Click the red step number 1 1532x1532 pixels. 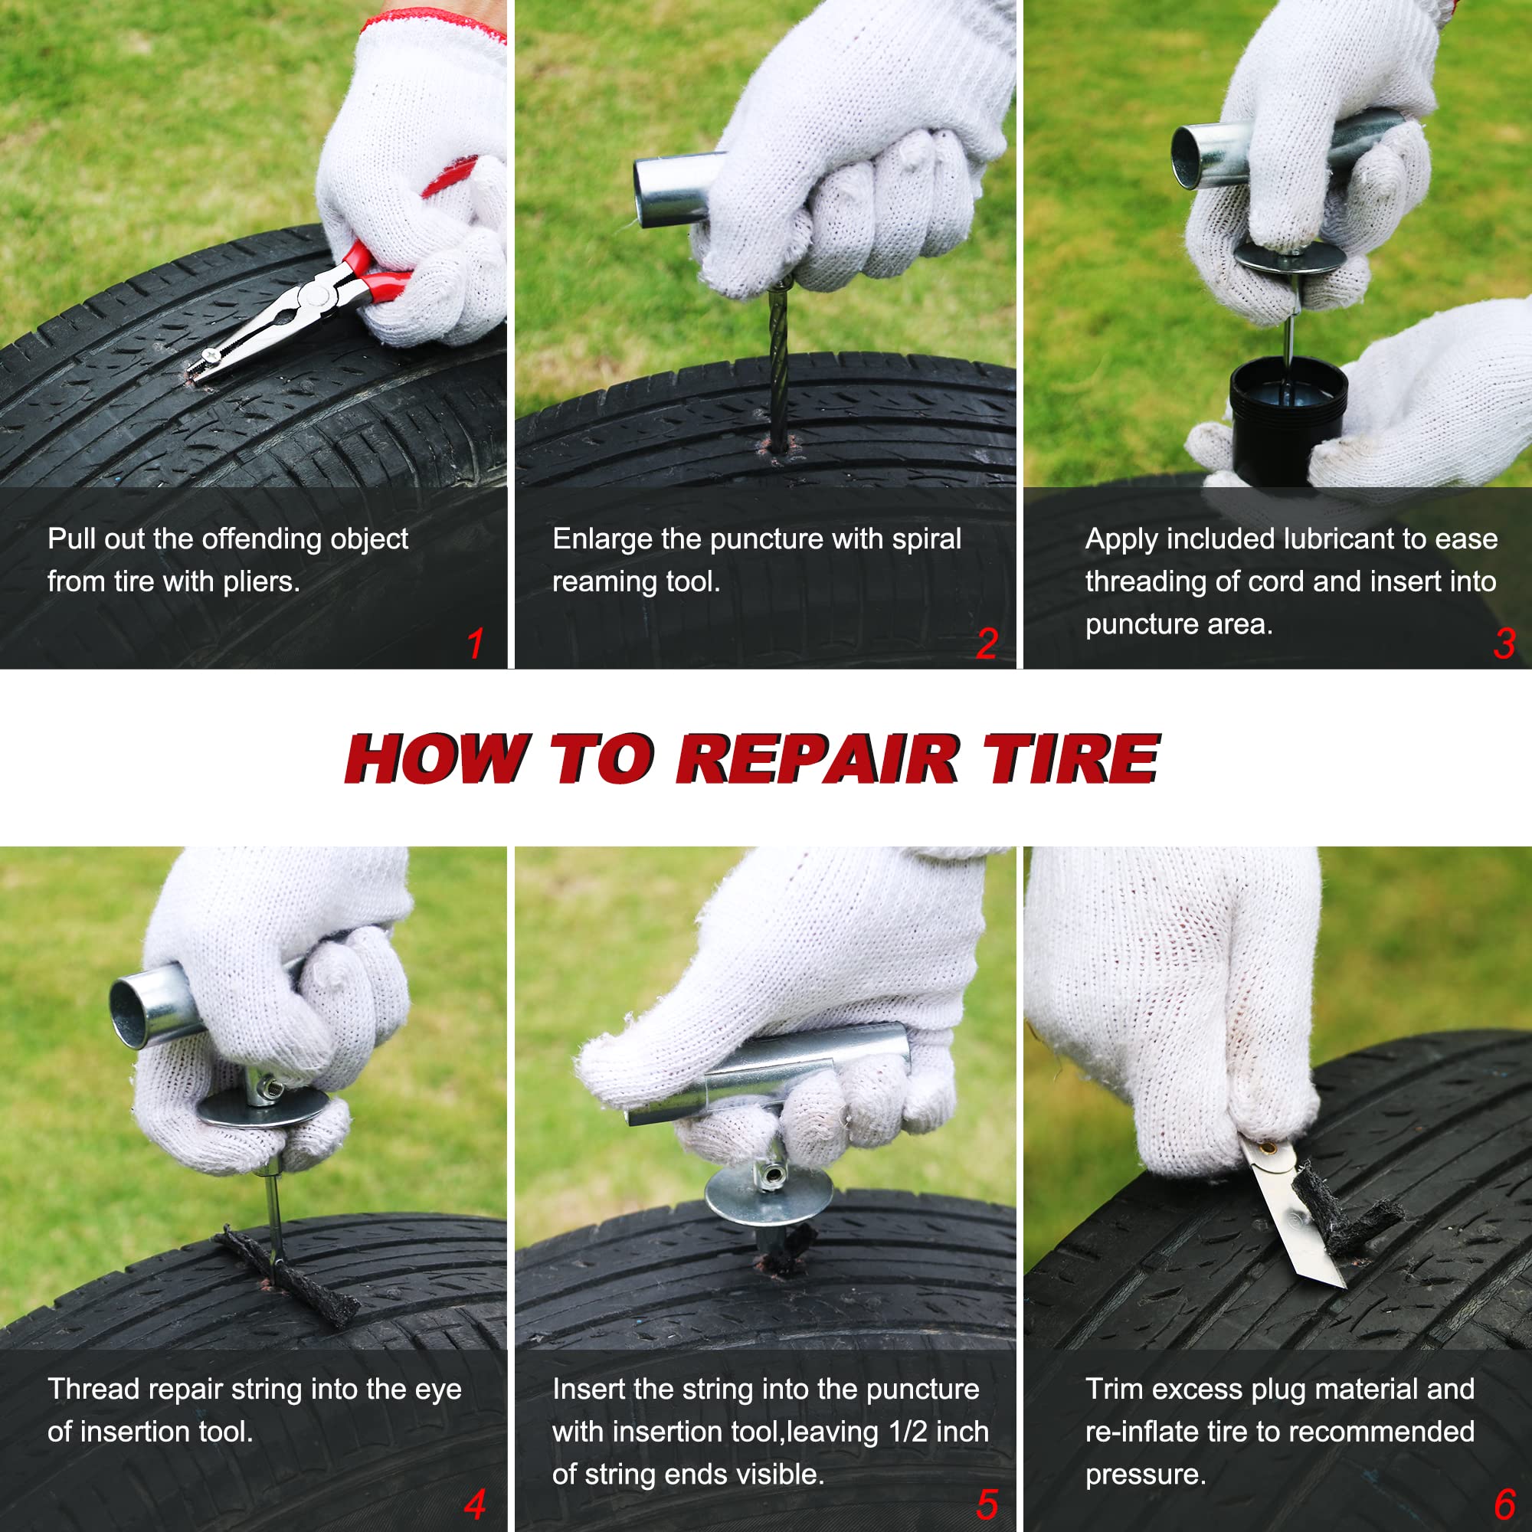coord(476,643)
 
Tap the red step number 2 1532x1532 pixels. coord(987,643)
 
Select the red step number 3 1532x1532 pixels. coord(1504,643)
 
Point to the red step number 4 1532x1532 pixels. coord(475,1504)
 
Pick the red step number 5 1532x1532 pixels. coord(987,1504)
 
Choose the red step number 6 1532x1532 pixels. coord(1504,1504)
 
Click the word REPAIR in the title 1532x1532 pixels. coord(817,759)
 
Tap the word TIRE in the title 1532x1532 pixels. coord(1072,759)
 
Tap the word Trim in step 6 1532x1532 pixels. coord(1113,1390)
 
